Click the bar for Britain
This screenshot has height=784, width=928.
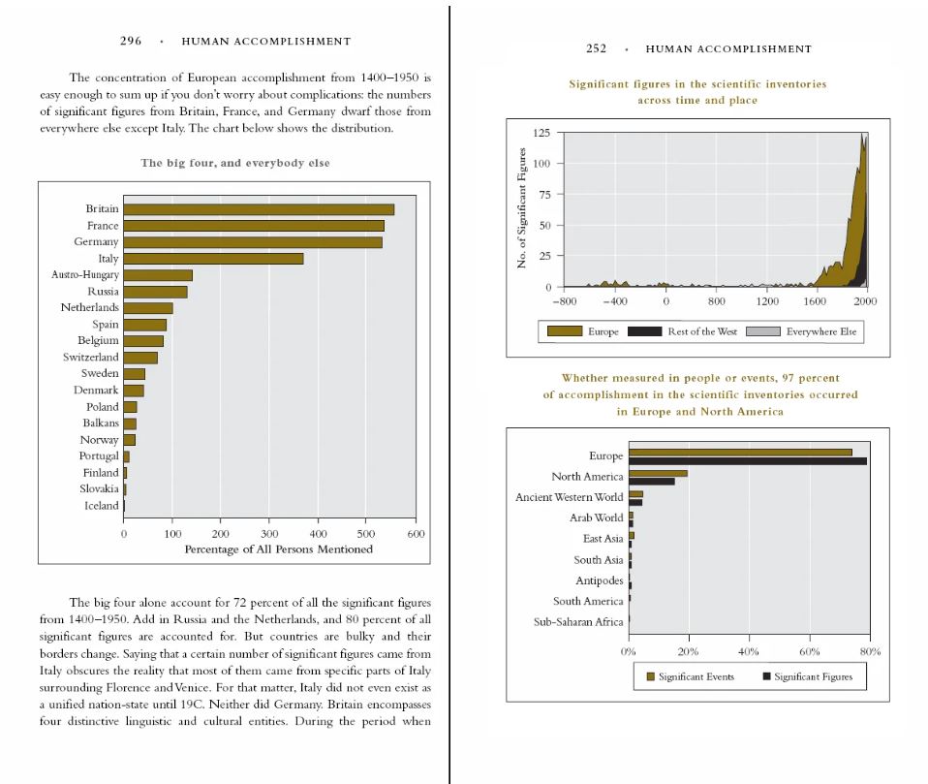click(259, 209)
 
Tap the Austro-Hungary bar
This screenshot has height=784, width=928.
click(158, 275)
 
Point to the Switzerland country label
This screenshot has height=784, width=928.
click(91, 358)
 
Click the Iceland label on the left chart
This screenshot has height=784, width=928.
click(102, 506)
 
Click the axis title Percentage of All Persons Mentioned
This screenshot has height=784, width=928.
click(278, 549)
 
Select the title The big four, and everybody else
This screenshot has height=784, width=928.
click(235, 163)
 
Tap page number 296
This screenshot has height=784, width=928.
click(131, 42)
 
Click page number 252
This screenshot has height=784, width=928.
click(596, 48)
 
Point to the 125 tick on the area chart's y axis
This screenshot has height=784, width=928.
click(542, 133)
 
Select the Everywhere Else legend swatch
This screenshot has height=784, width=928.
click(766, 331)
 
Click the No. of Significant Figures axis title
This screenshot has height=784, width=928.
click(522, 208)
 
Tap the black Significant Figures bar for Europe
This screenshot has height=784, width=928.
click(747, 461)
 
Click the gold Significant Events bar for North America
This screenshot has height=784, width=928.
click(658, 473)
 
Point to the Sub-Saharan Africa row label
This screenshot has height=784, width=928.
click(578, 622)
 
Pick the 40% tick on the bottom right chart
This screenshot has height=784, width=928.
click(749, 651)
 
